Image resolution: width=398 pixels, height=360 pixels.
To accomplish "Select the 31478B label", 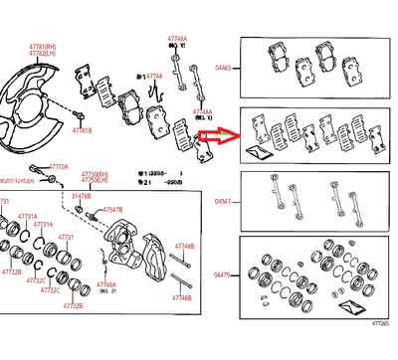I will [79, 198].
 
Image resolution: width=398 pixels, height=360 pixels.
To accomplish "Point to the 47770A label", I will [59, 168].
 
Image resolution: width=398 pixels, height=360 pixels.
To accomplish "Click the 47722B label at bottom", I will [72, 306].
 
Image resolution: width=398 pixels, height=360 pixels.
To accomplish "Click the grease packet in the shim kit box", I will [262, 152].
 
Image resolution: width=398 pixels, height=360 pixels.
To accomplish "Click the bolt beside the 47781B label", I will [78, 117].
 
